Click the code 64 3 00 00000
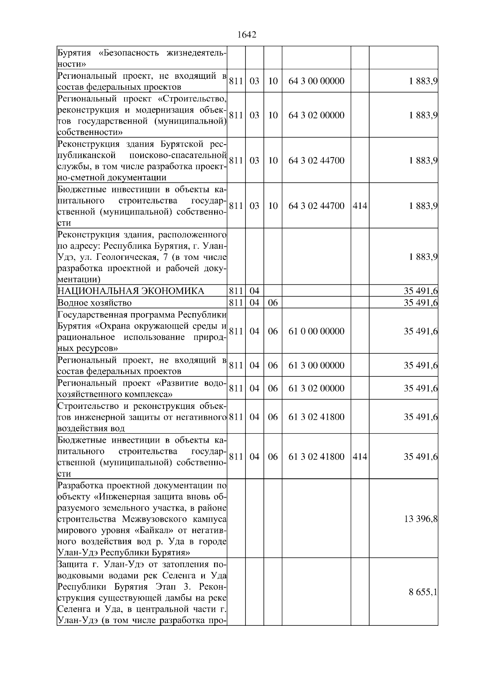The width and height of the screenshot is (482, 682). [x=316, y=81]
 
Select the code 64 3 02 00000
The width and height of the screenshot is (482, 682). [x=316, y=115]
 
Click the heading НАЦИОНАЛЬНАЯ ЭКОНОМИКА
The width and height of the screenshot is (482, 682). [x=131, y=291]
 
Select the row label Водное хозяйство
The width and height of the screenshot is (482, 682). [x=94, y=302]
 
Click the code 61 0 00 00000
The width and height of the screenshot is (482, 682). [x=316, y=331]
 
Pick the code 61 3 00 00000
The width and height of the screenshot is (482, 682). [x=316, y=366]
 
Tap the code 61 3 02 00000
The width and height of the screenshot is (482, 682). [x=316, y=388]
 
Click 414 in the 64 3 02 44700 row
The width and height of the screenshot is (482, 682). [x=359, y=206]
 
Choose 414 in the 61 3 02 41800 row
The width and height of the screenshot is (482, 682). [x=359, y=457]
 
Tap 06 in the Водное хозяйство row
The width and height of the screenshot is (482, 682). [x=273, y=302]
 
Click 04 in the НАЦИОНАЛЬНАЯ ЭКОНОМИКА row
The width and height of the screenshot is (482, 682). [x=254, y=291]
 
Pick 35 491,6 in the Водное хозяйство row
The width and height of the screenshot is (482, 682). [x=420, y=302]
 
